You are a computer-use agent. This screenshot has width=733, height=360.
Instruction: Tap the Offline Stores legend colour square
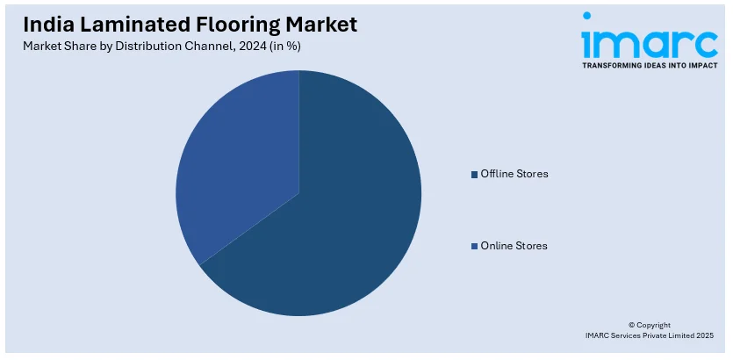point(475,175)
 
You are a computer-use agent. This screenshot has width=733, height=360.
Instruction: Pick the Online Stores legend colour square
point(475,246)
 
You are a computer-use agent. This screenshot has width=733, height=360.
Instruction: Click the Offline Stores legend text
point(514,174)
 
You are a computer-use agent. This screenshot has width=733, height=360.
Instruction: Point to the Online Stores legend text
point(514,246)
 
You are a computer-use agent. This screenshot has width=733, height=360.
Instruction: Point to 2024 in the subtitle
point(255,47)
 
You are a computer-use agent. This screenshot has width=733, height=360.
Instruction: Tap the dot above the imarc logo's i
point(587,16)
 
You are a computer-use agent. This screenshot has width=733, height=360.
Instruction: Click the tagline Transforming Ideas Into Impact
point(650,66)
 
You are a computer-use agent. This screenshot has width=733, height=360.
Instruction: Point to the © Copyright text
point(650,325)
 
